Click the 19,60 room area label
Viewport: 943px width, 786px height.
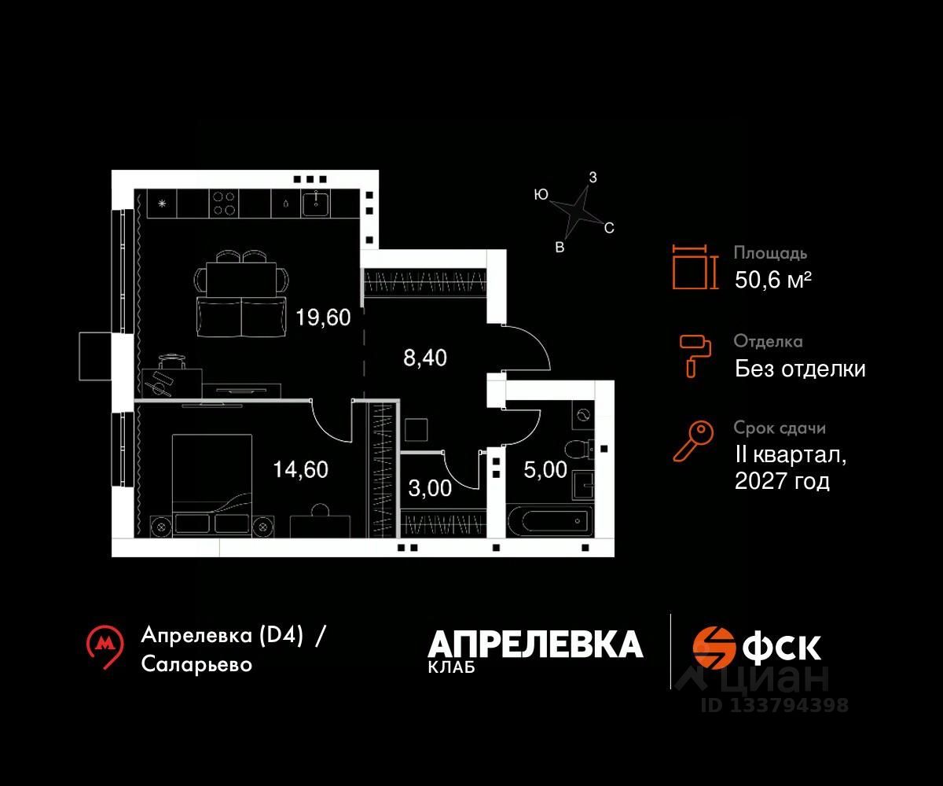323,318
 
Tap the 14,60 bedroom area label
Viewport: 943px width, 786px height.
300,469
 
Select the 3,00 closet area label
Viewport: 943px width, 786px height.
430,488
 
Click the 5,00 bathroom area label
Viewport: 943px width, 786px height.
545,469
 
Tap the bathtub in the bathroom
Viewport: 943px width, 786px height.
550,520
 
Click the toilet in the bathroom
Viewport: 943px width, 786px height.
579,450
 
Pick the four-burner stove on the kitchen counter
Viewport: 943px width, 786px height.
223,204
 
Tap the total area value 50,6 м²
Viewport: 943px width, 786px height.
772,280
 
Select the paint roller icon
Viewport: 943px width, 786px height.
695,354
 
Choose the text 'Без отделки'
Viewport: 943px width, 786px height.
800,369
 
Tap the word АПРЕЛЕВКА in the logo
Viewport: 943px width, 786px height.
535,645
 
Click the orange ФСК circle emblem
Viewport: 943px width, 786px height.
713,647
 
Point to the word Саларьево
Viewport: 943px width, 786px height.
197,664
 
